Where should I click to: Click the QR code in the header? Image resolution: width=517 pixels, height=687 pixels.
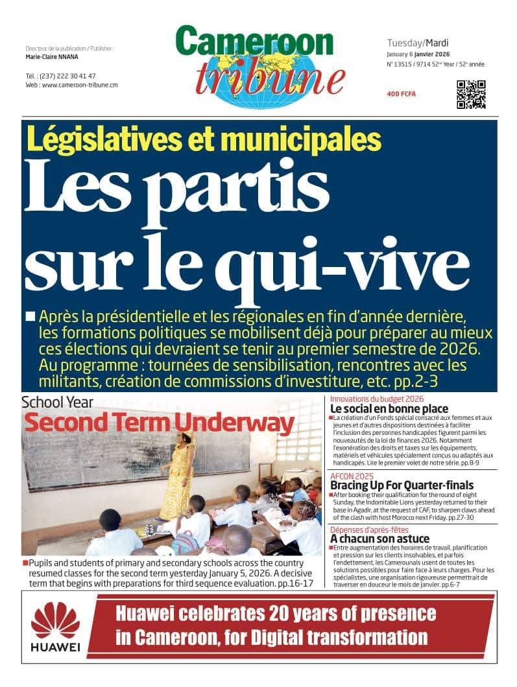pos(471,95)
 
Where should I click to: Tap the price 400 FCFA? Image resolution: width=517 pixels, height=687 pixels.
pos(402,95)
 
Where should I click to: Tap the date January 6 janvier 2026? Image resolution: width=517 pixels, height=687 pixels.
pos(419,54)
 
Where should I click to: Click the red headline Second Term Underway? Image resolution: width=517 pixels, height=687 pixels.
pos(159,424)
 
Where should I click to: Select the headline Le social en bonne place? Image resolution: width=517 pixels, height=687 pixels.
pos(389,409)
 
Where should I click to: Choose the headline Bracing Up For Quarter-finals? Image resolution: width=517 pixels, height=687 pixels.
pos(402,485)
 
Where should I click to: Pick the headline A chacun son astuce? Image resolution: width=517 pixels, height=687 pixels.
pos(379,539)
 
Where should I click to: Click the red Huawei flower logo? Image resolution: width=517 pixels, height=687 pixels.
pos(55,620)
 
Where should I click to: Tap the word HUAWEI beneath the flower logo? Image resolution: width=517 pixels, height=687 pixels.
pos(55,647)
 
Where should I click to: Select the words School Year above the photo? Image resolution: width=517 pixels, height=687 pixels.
pos(57,402)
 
